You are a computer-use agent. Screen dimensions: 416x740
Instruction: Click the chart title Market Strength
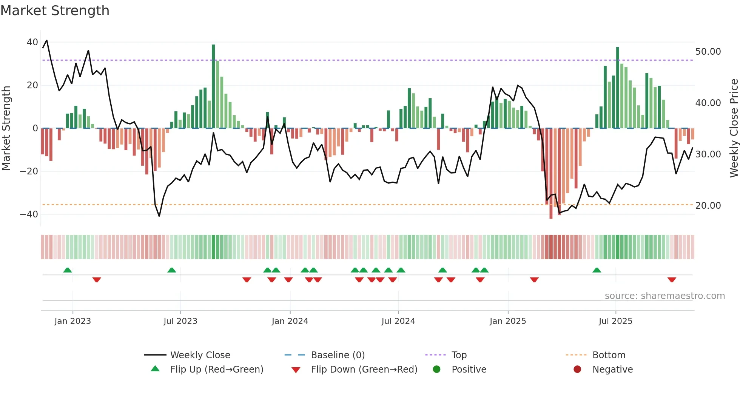pos(55,11)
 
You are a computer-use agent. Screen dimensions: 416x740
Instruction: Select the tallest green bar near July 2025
pos(618,88)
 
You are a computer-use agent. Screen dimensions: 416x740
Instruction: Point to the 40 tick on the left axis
pos(32,42)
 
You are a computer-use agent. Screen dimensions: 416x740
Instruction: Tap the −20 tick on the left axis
pos(29,171)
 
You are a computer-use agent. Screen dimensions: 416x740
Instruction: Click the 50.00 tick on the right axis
pos(708,52)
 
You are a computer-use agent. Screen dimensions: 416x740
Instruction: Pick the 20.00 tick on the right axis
pos(708,206)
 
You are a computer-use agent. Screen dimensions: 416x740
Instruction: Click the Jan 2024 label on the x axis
pos(290,321)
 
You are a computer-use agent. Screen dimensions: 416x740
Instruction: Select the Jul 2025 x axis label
pos(615,321)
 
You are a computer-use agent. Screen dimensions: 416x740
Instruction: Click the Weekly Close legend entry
pos(200,355)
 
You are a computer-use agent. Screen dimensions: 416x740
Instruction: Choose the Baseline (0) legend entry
pos(338,355)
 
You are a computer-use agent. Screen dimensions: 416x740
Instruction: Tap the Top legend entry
pos(459,355)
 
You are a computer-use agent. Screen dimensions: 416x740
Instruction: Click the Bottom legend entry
pos(609,355)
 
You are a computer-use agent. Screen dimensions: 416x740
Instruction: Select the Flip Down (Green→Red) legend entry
pos(364,370)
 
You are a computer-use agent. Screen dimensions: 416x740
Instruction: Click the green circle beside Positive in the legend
pos(437,370)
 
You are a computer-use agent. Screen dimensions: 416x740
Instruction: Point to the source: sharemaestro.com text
pos(664,296)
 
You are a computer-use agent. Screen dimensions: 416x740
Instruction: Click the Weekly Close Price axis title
pos(734,128)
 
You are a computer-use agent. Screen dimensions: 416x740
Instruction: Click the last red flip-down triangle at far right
pos(672,280)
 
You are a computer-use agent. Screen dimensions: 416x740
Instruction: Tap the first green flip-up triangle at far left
pos(68,270)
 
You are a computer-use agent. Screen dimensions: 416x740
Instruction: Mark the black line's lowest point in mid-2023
pos(159,216)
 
